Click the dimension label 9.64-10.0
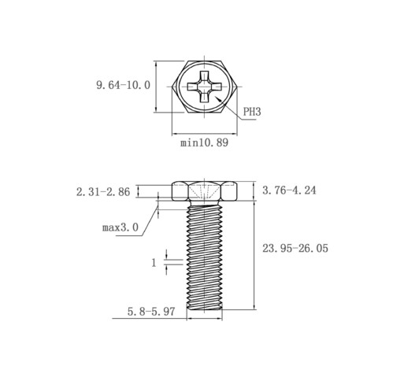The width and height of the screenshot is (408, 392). (123, 85)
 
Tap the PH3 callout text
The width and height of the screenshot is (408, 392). (252, 112)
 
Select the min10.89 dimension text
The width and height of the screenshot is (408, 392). (204, 142)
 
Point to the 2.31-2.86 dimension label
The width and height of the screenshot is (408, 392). (103, 192)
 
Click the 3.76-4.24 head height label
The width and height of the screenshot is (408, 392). (289, 190)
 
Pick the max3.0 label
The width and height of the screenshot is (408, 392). (121, 227)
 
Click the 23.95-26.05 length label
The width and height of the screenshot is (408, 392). (295, 248)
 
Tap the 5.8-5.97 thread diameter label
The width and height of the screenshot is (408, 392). (151, 312)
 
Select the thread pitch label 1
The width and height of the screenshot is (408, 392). (154, 262)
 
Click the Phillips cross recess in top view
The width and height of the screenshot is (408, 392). (204, 87)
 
